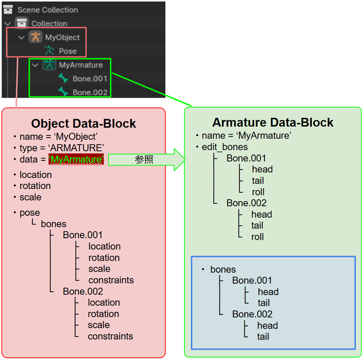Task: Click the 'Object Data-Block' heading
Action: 83,124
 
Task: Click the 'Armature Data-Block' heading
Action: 273,123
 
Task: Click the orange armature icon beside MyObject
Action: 35,37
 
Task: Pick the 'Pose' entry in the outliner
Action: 67,51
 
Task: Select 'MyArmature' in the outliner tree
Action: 81,65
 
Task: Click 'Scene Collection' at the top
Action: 47,10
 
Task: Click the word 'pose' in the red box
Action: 30,213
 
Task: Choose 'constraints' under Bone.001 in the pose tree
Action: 111,280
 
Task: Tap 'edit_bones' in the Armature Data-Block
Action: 225,147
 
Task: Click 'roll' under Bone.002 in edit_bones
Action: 258,236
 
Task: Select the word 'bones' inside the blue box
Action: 223,270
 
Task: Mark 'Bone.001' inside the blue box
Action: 252,280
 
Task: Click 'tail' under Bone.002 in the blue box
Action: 263,336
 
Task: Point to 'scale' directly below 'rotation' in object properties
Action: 30,197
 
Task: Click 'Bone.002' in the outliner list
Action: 90,92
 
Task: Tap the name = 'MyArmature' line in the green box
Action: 246,135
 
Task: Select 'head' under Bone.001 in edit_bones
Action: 262,169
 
